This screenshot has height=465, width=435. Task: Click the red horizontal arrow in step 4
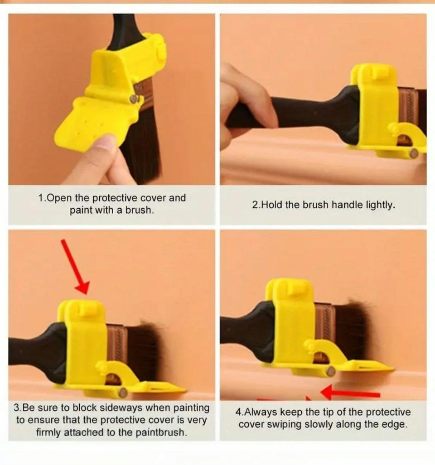click(x=350, y=393)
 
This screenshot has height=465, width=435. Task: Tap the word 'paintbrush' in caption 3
click(x=161, y=432)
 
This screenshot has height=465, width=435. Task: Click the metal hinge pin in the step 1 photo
click(x=134, y=99)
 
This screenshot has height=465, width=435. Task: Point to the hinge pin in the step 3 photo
click(x=122, y=393)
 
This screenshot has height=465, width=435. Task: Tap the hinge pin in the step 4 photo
click(x=330, y=371)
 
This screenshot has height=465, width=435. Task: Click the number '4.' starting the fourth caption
click(x=239, y=412)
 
